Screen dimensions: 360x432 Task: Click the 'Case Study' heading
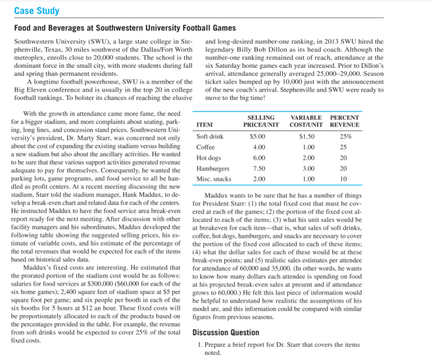click(x=37, y=11)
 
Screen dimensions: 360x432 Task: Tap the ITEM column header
click(x=204, y=124)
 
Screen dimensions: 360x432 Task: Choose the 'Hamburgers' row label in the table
click(x=211, y=168)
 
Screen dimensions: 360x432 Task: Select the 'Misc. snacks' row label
click(x=212, y=178)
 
